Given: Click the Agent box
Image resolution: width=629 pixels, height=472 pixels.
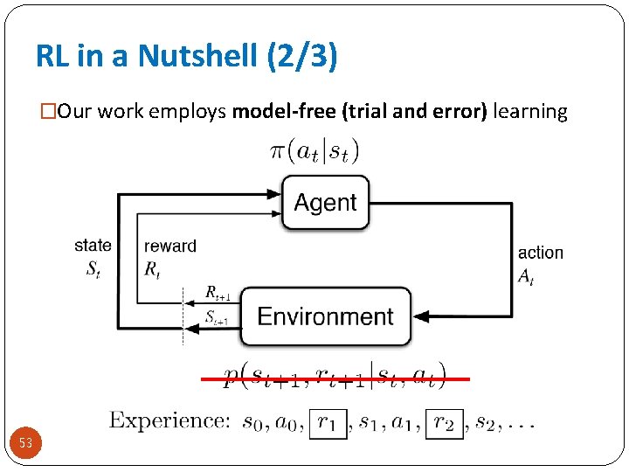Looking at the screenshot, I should click(325, 203).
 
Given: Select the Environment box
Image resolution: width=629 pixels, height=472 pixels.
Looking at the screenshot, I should click(325, 316).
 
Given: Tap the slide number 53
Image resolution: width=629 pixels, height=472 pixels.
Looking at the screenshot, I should click(26, 443).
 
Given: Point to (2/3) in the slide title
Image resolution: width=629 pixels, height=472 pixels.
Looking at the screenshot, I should click(309, 57).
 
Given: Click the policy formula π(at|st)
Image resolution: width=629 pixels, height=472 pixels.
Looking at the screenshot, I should click(314, 151).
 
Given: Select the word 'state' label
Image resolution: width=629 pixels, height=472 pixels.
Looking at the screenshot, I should click(93, 246).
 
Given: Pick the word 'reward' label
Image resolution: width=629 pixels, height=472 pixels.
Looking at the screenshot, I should click(169, 246).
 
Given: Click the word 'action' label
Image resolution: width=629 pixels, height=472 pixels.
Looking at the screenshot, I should click(540, 253).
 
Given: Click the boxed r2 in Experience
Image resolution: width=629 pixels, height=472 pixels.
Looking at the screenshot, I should click(444, 424).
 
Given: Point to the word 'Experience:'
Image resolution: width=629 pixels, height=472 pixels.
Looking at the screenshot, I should click(169, 420).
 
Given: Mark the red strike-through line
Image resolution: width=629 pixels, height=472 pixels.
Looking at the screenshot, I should click(335, 379).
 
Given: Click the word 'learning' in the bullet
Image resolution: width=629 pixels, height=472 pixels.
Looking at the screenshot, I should click(530, 111).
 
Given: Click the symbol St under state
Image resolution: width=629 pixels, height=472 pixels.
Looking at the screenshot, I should click(92, 269).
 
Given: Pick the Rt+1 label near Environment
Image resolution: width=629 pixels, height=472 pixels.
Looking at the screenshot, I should click(217, 293).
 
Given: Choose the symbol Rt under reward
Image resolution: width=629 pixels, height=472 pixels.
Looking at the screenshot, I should click(153, 269).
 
